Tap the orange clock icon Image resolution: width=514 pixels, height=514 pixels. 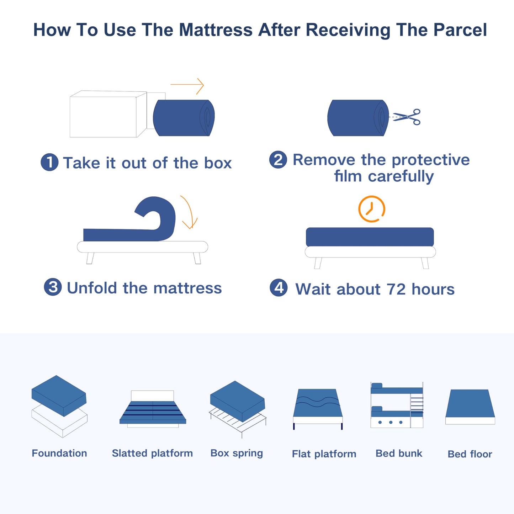[371, 209]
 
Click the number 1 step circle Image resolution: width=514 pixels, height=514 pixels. [49, 162]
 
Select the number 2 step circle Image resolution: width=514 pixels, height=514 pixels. [278, 159]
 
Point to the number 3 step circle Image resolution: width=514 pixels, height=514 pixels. [53, 287]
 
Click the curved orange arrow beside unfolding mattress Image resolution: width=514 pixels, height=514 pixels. [189, 212]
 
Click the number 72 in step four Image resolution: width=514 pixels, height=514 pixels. [396, 289]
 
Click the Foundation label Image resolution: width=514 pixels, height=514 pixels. [59, 453]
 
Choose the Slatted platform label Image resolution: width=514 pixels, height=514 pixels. [152, 453]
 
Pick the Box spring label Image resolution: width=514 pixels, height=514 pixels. [237, 453]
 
